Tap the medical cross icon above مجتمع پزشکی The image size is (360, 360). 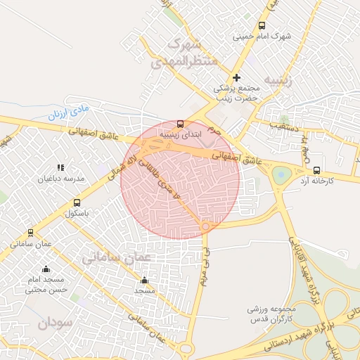click(x=237, y=77)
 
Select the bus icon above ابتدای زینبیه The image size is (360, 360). click(x=181, y=122)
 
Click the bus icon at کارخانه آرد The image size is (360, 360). click(x=316, y=170)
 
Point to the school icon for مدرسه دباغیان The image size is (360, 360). click(x=61, y=168)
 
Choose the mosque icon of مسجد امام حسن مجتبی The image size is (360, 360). click(x=46, y=269)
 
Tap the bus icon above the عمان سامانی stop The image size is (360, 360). click(x=30, y=233)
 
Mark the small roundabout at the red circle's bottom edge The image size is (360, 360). click(x=205, y=226)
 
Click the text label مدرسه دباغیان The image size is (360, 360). click(x=65, y=179)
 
